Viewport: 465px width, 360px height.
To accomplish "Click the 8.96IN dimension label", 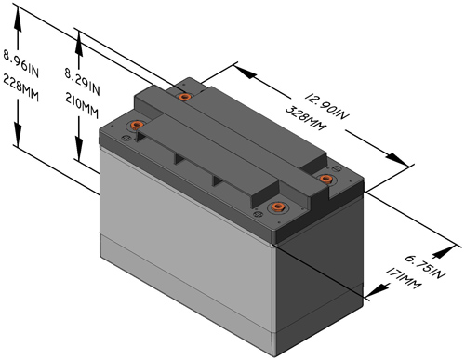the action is [x=20, y=63].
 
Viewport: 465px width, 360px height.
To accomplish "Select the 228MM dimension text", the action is [x=20, y=88].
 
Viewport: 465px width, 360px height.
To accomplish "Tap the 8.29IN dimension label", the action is [x=82, y=82].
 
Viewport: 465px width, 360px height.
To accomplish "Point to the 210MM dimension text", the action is [x=82, y=106].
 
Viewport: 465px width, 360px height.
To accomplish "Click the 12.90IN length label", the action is [x=327, y=105].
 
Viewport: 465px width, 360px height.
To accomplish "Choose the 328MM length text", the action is [x=306, y=118].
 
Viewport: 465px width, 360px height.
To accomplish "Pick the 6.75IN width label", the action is [x=425, y=267].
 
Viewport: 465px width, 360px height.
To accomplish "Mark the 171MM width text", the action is [x=404, y=278].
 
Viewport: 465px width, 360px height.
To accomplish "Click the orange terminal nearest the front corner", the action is [x=278, y=207].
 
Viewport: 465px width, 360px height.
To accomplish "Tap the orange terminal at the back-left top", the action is [x=185, y=97].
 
